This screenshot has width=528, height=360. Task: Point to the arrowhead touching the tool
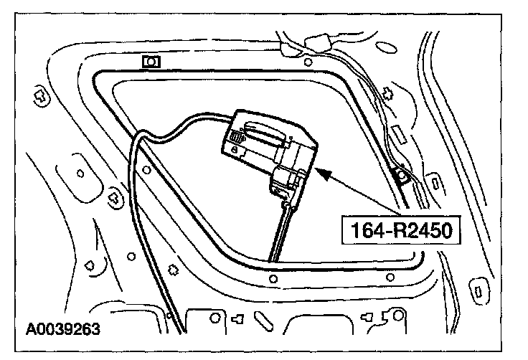click(x=321, y=172)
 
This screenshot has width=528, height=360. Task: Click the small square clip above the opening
click(x=151, y=62)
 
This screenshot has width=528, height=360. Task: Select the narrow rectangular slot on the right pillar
click(x=397, y=134)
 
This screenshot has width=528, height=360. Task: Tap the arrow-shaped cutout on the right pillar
click(x=388, y=93)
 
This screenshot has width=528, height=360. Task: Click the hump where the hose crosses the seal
click(x=143, y=136)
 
